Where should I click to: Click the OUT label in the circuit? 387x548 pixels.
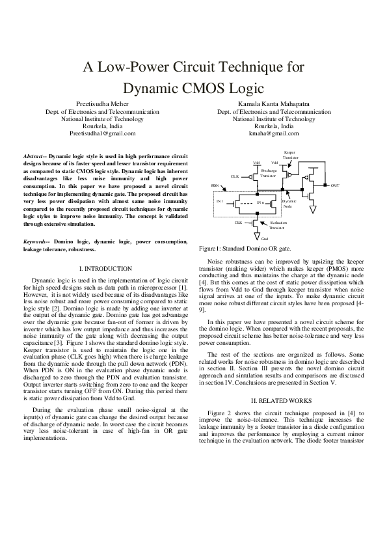pos(335,186)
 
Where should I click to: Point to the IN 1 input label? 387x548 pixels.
pos(220,202)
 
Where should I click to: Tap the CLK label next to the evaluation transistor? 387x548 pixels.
pos(238,223)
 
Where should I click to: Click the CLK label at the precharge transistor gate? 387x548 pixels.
pos(235,176)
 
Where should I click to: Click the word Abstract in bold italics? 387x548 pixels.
pos(34,158)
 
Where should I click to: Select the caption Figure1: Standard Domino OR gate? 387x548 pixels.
pos(245,267)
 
